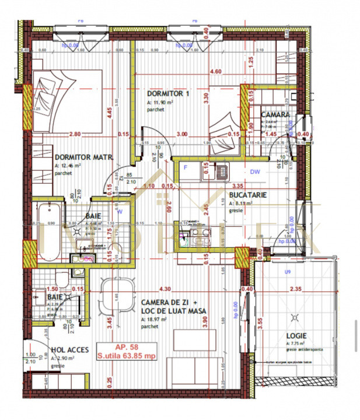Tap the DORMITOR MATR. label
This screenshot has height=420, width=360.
pyautogui.click(x=83, y=157)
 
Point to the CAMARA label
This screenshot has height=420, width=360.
pyautogui.click(x=275, y=115)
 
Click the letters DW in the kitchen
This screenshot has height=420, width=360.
pyautogui.click(x=254, y=172)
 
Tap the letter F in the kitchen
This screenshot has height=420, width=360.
pyautogui.click(x=186, y=167)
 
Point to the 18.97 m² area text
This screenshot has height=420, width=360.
pyautogui.click(x=155, y=320)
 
